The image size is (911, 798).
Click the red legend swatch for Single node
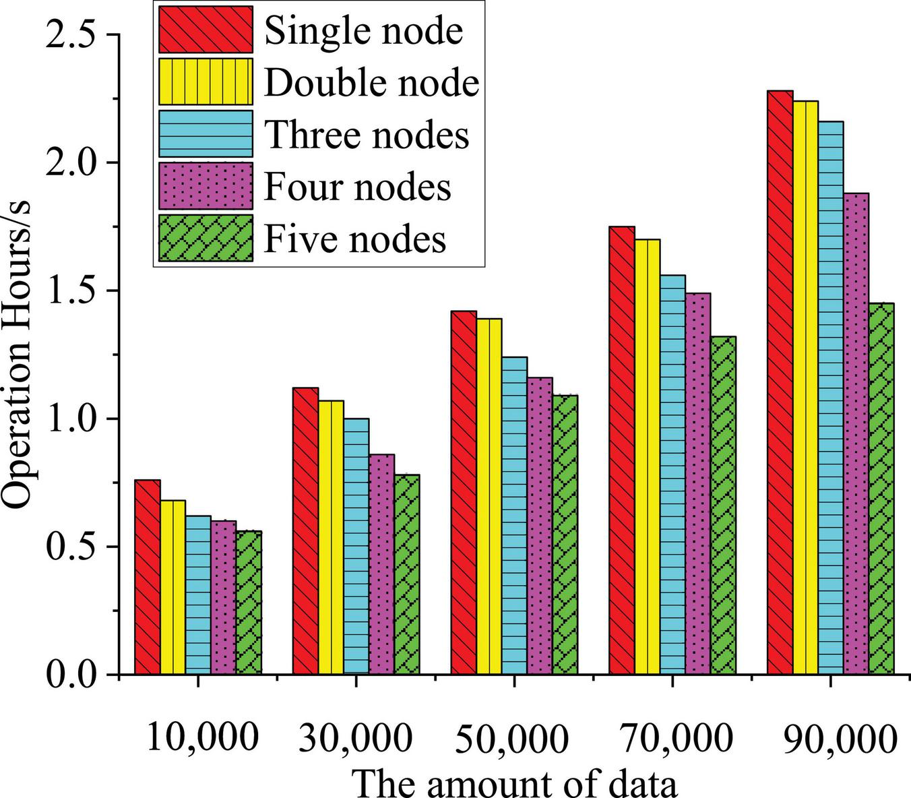pos(206,29)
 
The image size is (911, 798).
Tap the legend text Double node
pos(371,82)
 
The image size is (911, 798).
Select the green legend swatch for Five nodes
pos(206,238)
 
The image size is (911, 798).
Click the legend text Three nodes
pos(367,134)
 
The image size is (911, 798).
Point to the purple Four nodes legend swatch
pos(206,185)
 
